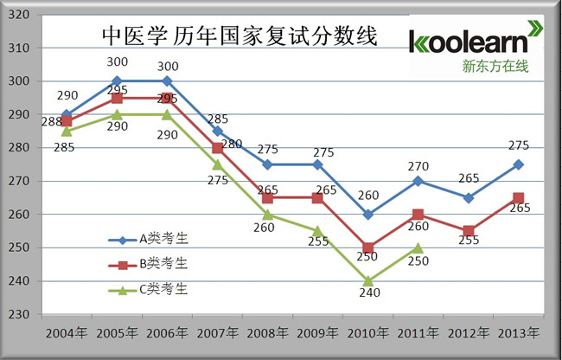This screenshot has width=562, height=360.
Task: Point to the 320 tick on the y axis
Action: [20, 15]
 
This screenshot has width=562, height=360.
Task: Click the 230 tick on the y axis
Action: [20, 315]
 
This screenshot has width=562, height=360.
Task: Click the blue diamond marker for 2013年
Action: [519, 164]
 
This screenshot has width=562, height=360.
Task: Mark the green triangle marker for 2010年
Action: [368, 280]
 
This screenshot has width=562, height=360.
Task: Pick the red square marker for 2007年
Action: [217, 148]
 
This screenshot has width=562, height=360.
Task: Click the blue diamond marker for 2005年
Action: [117, 80]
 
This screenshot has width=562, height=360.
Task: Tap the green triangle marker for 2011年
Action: [418, 247]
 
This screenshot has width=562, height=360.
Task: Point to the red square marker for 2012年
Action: [469, 231]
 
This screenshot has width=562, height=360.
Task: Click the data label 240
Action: [368, 294]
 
